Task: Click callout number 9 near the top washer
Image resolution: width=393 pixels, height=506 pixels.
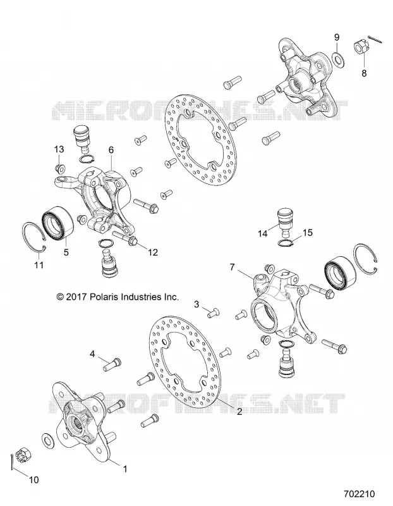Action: coord(336,37)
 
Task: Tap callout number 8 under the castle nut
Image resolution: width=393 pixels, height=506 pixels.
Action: coord(364,73)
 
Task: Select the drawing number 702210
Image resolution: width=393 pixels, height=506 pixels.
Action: coord(359,494)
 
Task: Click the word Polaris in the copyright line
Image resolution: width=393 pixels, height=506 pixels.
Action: coord(104,297)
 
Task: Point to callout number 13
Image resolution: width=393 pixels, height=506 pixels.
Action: coord(59,149)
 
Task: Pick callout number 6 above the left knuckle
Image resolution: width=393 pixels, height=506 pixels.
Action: coord(111,150)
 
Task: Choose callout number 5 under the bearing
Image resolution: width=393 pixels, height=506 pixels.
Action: coord(66,252)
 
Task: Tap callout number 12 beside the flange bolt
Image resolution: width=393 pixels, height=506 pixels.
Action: coord(153,252)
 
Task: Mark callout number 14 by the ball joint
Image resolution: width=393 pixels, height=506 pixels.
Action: coord(263,233)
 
